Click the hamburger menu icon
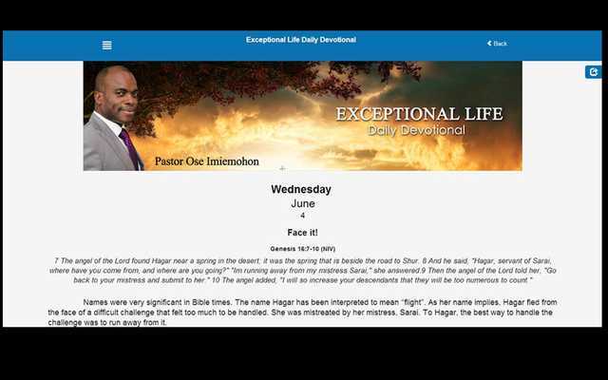(106, 45)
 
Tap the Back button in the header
(497, 44)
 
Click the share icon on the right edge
(594, 71)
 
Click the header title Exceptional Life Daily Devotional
(301, 40)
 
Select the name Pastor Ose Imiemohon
(206, 161)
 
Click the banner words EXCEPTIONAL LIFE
(419, 114)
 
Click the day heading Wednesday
(301, 189)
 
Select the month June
(302, 203)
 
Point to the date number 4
(302, 216)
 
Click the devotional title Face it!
(302, 232)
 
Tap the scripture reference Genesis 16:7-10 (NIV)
(302, 249)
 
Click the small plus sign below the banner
(282, 169)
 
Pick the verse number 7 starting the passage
(57, 259)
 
